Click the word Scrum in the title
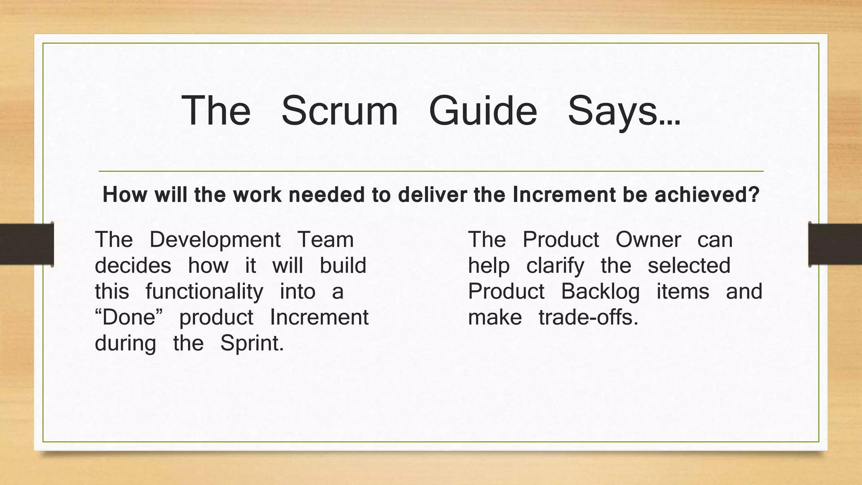339,111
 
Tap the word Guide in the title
483,111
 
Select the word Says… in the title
623,111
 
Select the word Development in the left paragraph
215,240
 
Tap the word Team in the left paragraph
325,240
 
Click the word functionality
204,291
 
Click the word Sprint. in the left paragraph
252,343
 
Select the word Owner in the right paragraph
648,240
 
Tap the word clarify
555,266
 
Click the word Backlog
600,291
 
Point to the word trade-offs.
588,317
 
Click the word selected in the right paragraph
689,266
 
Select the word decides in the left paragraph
133,266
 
